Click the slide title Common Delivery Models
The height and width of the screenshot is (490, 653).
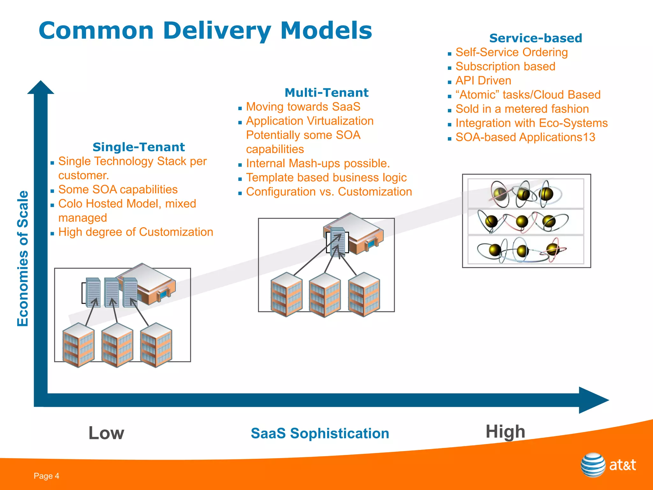[205, 31]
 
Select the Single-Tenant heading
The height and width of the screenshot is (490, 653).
[138, 147]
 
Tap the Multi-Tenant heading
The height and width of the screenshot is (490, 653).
[326, 93]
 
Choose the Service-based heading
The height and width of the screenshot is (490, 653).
[535, 38]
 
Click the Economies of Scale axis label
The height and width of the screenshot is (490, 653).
[23, 258]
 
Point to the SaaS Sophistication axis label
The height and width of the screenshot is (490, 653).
[320, 433]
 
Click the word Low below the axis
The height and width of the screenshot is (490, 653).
[106, 433]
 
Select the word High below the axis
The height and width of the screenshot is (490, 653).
[505, 432]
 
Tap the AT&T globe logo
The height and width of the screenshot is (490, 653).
[593, 465]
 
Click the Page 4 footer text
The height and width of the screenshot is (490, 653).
[47, 476]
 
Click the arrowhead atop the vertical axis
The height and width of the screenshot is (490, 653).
[40, 87]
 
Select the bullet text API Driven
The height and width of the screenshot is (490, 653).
[483, 81]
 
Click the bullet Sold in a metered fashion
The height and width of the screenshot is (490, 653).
[522, 109]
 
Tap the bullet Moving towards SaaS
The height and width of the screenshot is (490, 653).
[303, 107]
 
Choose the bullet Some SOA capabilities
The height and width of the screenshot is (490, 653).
[118, 189]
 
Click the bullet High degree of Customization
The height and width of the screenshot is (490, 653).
[136, 232]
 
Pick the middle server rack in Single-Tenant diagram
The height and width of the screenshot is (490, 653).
[112, 292]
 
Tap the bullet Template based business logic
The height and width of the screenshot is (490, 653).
[326, 178]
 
